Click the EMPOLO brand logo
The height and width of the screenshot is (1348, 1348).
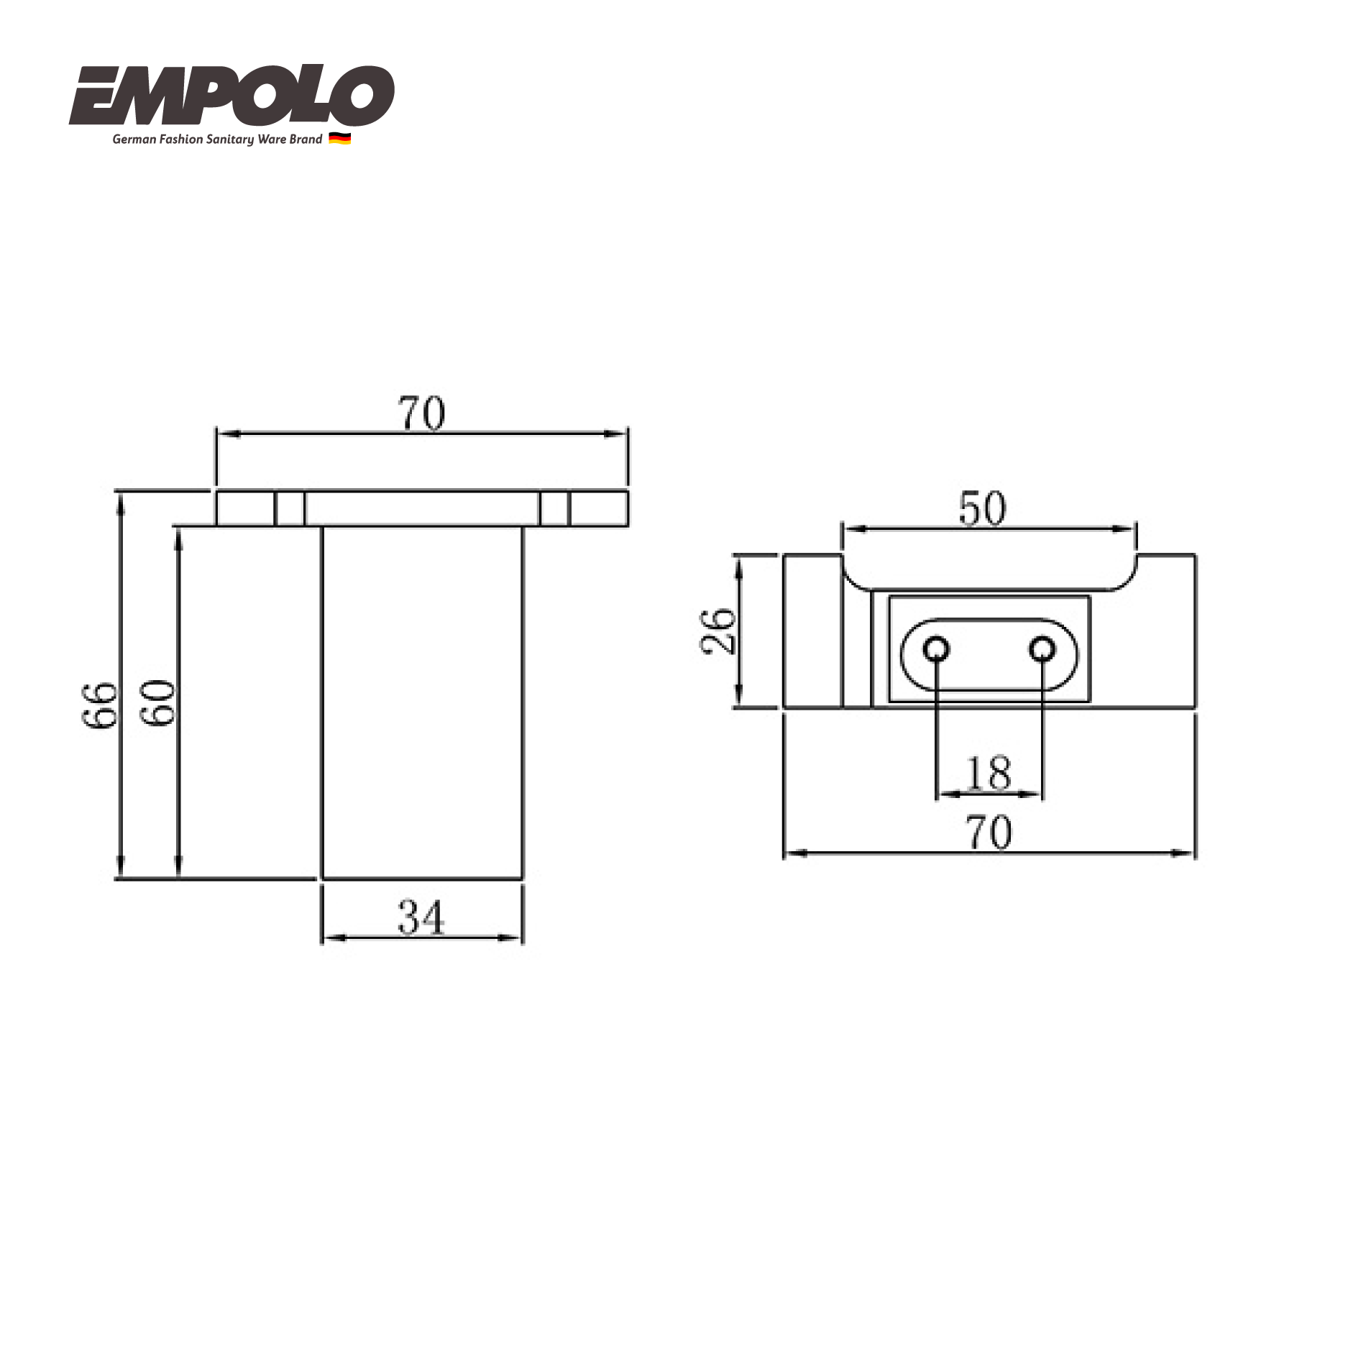(x=231, y=97)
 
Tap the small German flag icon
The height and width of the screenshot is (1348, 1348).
(x=339, y=139)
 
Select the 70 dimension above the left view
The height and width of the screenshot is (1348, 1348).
(x=421, y=415)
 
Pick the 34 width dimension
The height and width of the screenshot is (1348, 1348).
(x=421, y=918)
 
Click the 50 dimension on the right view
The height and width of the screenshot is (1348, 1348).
(x=982, y=509)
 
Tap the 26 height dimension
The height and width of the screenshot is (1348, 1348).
(x=717, y=631)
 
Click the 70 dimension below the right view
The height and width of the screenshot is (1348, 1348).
(x=989, y=833)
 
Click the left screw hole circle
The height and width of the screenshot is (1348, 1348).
(x=936, y=650)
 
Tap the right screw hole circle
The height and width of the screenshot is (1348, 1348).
(x=1042, y=650)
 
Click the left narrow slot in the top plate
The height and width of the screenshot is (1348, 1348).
(x=290, y=508)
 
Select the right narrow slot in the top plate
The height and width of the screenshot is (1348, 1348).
(x=554, y=508)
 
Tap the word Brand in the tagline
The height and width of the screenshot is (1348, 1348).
(x=306, y=139)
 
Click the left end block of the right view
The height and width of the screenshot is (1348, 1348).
(x=812, y=631)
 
